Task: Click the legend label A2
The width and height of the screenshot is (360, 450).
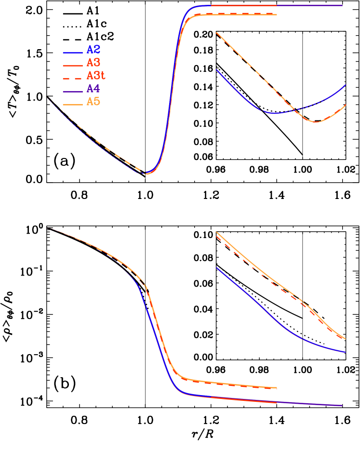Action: pos(93,50)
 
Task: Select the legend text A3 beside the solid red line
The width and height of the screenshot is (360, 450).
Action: pos(93,63)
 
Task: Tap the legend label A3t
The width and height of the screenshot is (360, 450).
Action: pos(96,76)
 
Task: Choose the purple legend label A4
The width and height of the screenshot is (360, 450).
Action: pos(93,89)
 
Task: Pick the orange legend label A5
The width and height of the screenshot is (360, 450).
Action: pos(93,102)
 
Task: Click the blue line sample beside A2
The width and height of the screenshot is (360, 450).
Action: pos(73,52)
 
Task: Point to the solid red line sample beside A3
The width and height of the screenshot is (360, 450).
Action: pos(73,65)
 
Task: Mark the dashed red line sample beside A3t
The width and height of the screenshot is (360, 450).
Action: pos(73,78)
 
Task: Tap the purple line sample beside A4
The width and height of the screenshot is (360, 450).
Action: pos(73,91)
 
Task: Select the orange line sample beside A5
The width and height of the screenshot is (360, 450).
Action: pos(73,104)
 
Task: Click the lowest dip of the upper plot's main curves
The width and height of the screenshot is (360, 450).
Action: pos(146,173)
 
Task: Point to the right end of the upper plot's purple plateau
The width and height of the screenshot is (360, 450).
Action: pos(342,5)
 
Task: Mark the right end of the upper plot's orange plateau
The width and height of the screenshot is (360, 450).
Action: pos(277,15)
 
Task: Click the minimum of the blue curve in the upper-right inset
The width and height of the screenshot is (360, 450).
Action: pos(273,113)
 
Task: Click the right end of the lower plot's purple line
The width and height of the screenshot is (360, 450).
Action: pos(342,406)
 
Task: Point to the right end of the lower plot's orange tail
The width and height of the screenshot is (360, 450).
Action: pos(277,388)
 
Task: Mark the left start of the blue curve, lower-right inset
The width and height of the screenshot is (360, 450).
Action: pos(216,268)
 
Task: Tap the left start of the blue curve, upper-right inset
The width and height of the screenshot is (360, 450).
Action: pos(216,70)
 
